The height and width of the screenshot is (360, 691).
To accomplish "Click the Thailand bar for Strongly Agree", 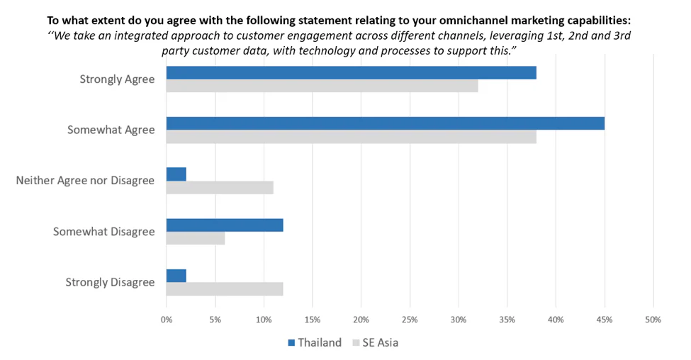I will click(351, 73).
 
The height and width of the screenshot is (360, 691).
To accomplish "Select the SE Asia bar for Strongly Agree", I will click(322, 86).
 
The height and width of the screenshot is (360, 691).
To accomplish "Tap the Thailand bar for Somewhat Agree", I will click(385, 123).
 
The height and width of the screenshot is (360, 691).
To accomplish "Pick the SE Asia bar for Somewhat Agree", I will click(351, 137).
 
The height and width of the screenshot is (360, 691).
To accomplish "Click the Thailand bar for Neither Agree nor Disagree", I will click(176, 174).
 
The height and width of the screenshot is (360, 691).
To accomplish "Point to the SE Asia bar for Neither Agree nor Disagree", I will click(220, 188).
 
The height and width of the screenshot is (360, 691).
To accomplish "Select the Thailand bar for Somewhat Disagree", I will click(225, 225).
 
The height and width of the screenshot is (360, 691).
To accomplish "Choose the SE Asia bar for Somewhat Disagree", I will click(195, 239).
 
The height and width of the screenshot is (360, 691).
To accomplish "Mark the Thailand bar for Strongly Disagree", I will click(176, 276).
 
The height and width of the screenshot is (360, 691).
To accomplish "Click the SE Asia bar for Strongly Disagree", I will click(225, 289).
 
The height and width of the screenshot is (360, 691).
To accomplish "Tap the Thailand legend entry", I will click(314, 343).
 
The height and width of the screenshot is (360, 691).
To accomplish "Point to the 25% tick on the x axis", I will click(410, 320).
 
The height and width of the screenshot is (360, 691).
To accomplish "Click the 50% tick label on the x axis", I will click(653, 320).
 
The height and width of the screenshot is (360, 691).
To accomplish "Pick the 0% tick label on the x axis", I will click(167, 320).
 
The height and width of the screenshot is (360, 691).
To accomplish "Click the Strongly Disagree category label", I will click(110, 282).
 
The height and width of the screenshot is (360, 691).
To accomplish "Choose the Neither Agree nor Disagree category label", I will click(85, 181).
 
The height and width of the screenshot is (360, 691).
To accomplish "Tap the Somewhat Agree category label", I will click(111, 130).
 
